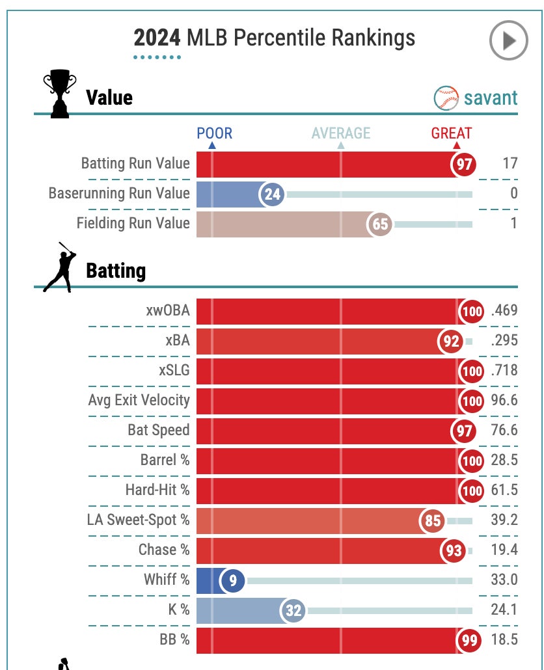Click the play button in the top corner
[x=508, y=41]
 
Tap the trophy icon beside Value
[x=59, y=95]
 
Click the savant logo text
[x=491, y=98]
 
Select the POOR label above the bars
[x=214, y=133]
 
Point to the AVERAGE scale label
[x=340, y=133]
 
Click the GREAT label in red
[x=451, y=133]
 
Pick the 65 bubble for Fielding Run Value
[x=379, y=224]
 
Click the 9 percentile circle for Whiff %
[x=232, y=580]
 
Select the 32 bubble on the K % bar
[x=293, y=611]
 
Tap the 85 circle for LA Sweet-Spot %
[x=433, y=521]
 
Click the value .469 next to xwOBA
[x=504, y=310]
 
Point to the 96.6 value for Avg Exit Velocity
[x=504, y=400]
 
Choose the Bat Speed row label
[x=159, y=430]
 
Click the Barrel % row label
[x=165, y=460]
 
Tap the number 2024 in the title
[x=157, y=38]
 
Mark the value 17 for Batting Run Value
[x=510, y=163]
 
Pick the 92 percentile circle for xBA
[x=451, y=342]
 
